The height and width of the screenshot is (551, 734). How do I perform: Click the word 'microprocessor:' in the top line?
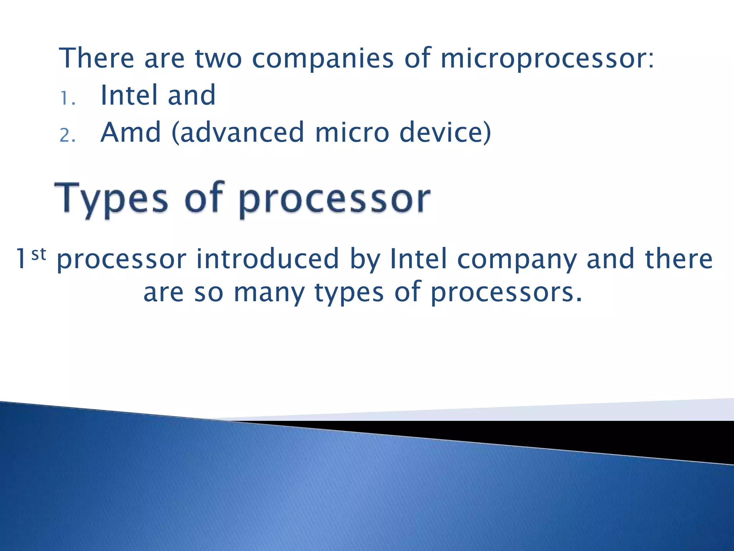(x=547, y=58)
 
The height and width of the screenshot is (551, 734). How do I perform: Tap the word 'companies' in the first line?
(x=323, y=58)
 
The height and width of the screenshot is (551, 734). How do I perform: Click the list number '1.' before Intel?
(x=68, y=98)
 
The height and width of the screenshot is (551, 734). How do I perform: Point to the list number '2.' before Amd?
(x=68, y=136)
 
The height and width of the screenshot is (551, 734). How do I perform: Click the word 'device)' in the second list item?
(x=445, y=132)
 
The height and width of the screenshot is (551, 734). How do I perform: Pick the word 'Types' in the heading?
(x=111, y=199)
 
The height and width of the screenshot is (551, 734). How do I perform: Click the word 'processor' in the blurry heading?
(x=334, y=199)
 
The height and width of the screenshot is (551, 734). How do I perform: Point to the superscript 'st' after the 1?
(x=39, y=254)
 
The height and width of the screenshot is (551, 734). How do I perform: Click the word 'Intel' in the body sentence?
(x=419, y=259)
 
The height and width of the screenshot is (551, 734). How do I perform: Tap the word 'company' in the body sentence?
(x=516, y=259)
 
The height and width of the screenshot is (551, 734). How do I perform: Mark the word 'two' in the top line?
(x=218, y=58)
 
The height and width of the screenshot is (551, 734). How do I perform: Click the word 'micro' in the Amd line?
(x=352, y=132)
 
